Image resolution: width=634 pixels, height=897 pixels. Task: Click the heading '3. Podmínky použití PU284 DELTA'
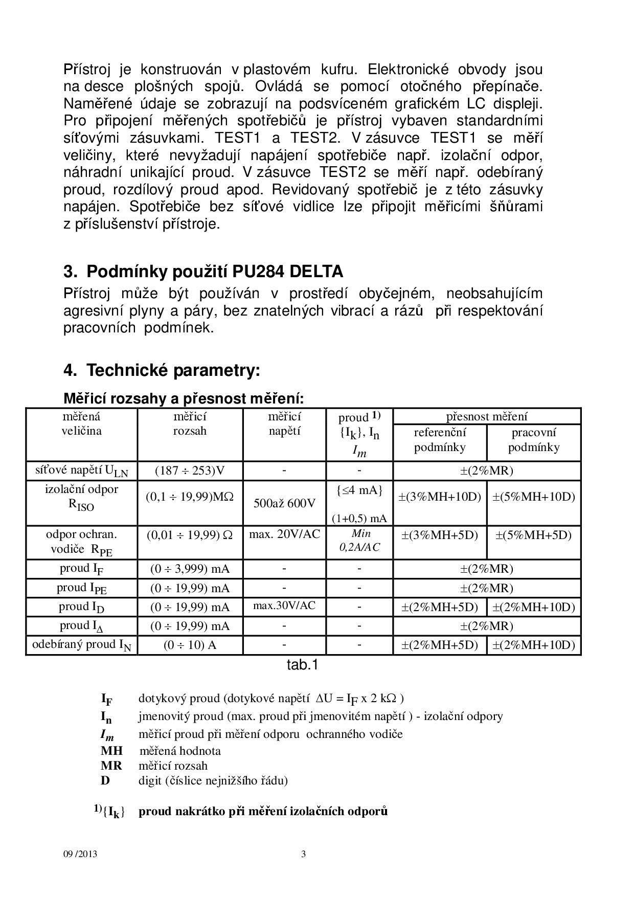[x=203, y=271]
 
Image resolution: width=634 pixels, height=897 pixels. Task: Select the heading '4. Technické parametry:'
[x=162, y=370]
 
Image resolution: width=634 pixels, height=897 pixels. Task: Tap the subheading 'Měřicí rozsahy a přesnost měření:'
[x=184, y=398]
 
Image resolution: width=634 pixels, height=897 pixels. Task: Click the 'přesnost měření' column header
[x=487, y=416]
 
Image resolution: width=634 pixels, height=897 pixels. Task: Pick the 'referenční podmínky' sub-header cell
[x=440, y=440]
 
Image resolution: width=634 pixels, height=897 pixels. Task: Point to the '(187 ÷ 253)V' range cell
[x=190, y=470]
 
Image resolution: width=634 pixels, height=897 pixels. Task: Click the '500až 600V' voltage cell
[x=284, y=503]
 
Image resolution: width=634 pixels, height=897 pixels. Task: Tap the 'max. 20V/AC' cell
[x=284, y=534]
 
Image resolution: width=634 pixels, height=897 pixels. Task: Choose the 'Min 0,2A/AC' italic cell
[x=359, y=541]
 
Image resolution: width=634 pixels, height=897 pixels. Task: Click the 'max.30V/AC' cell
[x=284, y=606]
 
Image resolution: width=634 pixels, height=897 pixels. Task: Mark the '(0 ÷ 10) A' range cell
[x=190, y=645]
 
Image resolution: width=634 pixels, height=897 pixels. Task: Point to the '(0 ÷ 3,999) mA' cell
[x=190, y=569]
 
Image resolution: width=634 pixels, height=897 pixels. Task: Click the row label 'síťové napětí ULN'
[x=81, y=471]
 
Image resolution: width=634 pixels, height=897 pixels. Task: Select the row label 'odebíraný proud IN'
[x=81, y=645]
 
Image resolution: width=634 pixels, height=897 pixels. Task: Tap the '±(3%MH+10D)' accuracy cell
[x=440, y=497]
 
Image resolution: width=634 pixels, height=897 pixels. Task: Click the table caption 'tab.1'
[x=303, y=665]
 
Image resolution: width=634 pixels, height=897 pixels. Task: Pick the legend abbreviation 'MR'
[x=111, y=766]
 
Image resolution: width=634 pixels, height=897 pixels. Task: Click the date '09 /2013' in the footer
[x=80, y=854]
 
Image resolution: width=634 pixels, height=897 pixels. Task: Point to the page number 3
[x=304, y=854]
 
